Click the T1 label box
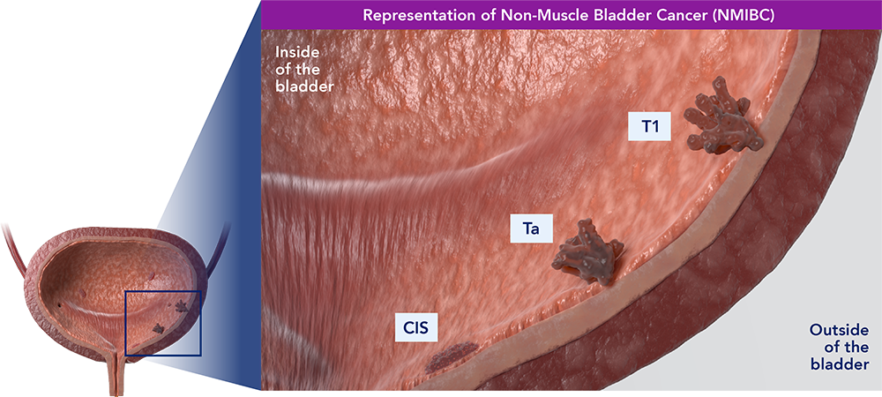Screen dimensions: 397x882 (650, 126)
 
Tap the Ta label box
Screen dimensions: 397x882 (532, 230)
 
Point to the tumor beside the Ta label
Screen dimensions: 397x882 (588, 253)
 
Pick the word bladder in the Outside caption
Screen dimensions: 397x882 (844, 363)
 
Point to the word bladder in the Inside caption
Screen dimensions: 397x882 (303, 86)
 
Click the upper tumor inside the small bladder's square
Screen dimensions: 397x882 (181, 306)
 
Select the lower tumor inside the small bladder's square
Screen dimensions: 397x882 (159, 328)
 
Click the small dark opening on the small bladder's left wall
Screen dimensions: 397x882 (59, 304)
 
